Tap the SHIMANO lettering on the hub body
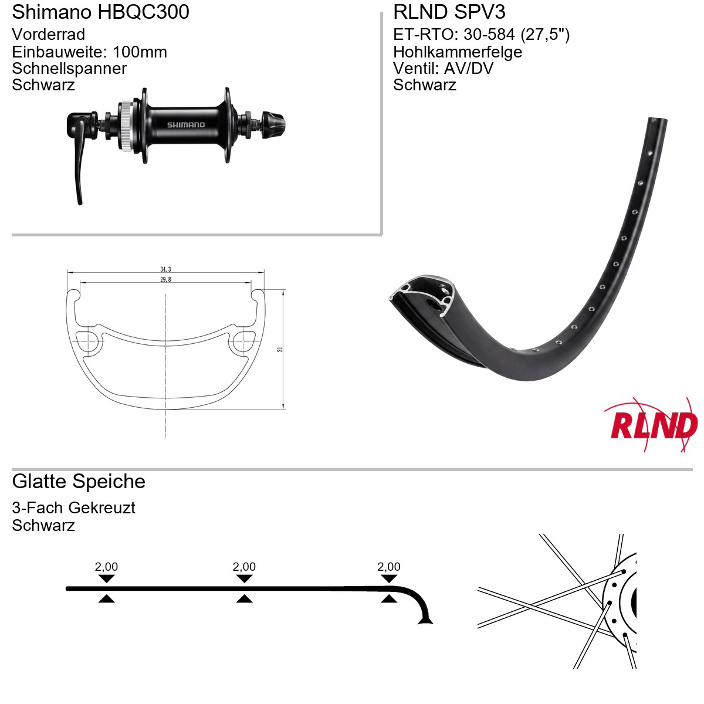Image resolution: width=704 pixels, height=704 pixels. (186, 125)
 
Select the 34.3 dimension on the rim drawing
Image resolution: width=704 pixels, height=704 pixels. (165, 269)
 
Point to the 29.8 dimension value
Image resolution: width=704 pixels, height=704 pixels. (165, 279)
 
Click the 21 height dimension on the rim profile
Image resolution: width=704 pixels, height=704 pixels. (280, 349)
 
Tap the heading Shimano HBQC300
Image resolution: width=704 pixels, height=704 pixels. (100, 12)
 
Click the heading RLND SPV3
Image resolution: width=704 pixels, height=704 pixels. (449, 12)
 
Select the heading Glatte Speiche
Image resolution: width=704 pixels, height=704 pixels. (79, 481)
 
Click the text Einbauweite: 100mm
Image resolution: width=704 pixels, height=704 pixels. (90, 52)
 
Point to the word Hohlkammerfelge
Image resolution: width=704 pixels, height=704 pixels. (458, 52)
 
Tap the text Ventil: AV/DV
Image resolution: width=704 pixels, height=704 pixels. (443, 68)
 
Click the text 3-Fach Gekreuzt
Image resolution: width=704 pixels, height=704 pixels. (73, 507)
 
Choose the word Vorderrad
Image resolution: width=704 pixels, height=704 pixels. (48, 35)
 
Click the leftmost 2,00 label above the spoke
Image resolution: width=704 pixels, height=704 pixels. (106, 567)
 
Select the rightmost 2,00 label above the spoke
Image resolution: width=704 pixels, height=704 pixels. (389, 567)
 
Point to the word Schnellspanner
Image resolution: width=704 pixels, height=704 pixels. (69, 68)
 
